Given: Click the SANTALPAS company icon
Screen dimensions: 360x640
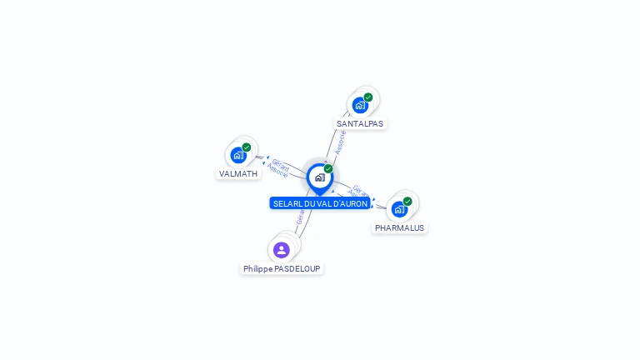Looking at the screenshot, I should tap(360, 105).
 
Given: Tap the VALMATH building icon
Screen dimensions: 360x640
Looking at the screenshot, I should tap(238, 155).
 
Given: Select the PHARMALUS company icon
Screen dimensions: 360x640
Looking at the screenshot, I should tap(400, 208).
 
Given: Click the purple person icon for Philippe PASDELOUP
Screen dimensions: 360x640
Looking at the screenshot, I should tap(282, 249).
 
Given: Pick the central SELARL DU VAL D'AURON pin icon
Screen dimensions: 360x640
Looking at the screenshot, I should tap(319, 177).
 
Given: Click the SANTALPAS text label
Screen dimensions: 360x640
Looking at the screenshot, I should tap(360, 123).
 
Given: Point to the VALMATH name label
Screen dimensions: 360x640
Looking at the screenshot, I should tap(238, 173).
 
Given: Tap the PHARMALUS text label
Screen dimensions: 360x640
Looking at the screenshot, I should tap(399, 227).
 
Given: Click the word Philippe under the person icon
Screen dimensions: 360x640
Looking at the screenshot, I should tap(257, 268).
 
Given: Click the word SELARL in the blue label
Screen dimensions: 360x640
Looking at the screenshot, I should tap(287, 203).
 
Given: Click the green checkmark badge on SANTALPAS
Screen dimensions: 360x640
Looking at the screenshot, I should tap(368, 97).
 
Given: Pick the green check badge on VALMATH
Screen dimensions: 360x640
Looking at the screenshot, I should tap(247, 147).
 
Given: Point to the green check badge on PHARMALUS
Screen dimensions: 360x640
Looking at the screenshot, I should tap(407, 201).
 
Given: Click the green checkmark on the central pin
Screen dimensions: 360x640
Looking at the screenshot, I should tap(328, 168).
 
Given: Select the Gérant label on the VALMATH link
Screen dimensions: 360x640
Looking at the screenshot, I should tap(281, 165).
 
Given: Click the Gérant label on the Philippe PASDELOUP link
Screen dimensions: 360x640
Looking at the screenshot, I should tap(300, 217).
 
